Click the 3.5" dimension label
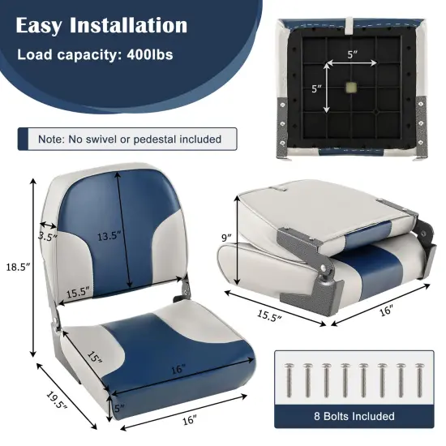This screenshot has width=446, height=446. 48,238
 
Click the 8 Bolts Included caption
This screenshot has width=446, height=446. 354,417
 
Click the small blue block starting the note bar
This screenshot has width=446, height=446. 24,139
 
